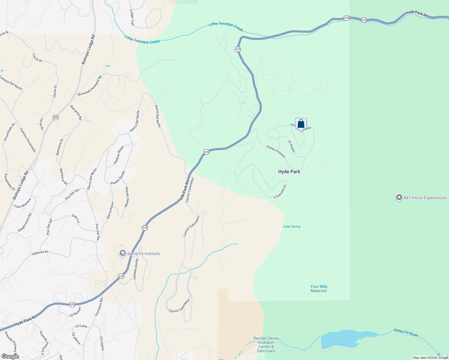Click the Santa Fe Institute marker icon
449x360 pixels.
[122, 253]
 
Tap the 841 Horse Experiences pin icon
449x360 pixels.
[399, 198]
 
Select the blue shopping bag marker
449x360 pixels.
[301, 124]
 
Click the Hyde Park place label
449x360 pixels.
[289, 172]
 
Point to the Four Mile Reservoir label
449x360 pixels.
[319, 289]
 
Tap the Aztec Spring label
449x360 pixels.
[292, 226]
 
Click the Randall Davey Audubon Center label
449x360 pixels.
[266, 344]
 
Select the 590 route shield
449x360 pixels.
[56, 117]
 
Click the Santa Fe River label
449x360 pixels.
[406, 332]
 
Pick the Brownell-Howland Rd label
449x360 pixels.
[90, 86]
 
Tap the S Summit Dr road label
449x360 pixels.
[280, 192]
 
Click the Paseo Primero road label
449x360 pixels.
[276, 151]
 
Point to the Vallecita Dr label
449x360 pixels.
[40, 253]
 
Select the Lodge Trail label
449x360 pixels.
[132, 17]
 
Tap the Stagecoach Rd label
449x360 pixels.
[25, 223]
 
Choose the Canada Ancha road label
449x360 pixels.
[136, 269]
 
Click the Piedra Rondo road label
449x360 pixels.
[118, 178]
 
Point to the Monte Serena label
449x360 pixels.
[127, 197]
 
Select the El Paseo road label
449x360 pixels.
[292, 146]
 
